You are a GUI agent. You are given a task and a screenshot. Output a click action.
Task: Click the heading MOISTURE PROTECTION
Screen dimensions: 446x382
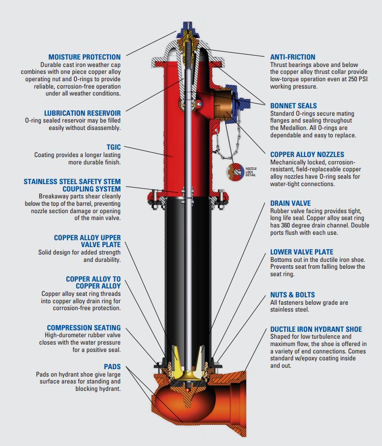click(84, 57)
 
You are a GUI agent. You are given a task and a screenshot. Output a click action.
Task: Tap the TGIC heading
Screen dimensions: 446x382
click(113, 147)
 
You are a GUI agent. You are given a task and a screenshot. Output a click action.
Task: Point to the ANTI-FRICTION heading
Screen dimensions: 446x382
click(293, 57)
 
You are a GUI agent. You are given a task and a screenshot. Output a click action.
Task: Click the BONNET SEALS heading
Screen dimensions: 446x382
click(294, 106)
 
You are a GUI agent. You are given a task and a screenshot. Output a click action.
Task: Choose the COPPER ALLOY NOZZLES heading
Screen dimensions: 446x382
click(307, 155)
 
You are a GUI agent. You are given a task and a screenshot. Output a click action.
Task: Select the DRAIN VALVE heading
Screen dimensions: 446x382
click(290, 203)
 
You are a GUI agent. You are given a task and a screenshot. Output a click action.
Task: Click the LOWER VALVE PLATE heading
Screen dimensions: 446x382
click(302, 252)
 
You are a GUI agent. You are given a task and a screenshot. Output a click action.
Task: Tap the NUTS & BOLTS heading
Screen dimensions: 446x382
click(293, 294)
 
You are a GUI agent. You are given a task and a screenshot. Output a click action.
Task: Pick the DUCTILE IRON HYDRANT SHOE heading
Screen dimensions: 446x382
click(316, 329)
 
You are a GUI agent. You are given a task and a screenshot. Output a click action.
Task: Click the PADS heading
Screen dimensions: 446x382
click(112, 367)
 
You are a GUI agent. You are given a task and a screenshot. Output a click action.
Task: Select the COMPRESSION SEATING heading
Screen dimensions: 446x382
click(84, 328)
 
